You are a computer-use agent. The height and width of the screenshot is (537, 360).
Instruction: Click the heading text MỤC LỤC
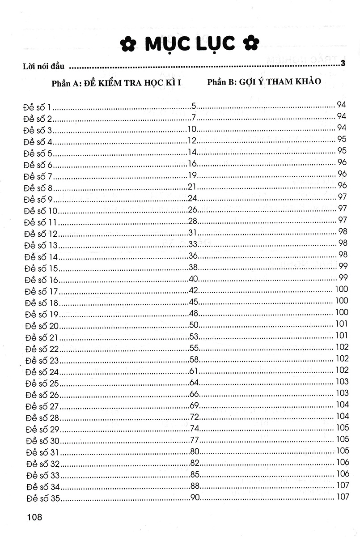[190, 43]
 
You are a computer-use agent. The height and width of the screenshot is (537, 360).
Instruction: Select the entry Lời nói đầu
[43, 67]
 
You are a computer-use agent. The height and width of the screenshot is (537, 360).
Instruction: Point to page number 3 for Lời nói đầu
[343, 63]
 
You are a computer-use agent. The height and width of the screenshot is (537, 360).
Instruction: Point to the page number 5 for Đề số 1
[194, 107]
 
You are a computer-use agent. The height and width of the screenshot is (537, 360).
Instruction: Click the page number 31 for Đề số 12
[193, 233]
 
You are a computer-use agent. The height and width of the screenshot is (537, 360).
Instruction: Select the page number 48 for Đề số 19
[194, 313]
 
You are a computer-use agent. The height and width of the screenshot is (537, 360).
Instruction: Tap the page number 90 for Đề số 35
[195, 497]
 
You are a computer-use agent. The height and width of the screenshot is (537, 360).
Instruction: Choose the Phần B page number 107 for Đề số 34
[341, 486]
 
